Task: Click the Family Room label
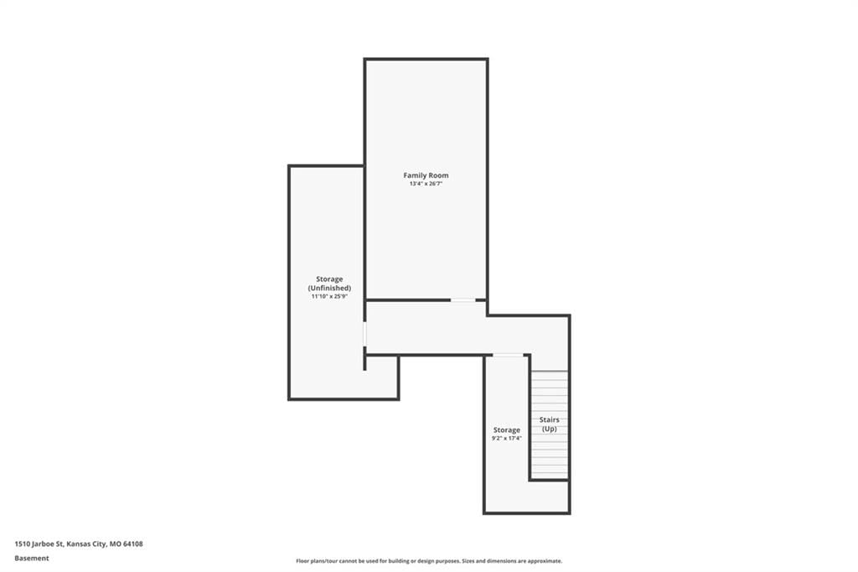426,175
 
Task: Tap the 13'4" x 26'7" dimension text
426,184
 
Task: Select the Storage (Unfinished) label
329,283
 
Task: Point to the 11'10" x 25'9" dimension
329,296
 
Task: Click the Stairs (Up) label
550,424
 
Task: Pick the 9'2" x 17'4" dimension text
507,439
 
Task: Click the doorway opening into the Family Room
463,300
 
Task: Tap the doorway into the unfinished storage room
365,334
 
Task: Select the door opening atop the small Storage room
509,356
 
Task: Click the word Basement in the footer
32,559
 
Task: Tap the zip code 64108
133,544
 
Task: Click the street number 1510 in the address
22,544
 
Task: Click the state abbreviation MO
115,544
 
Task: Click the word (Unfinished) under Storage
329,289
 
